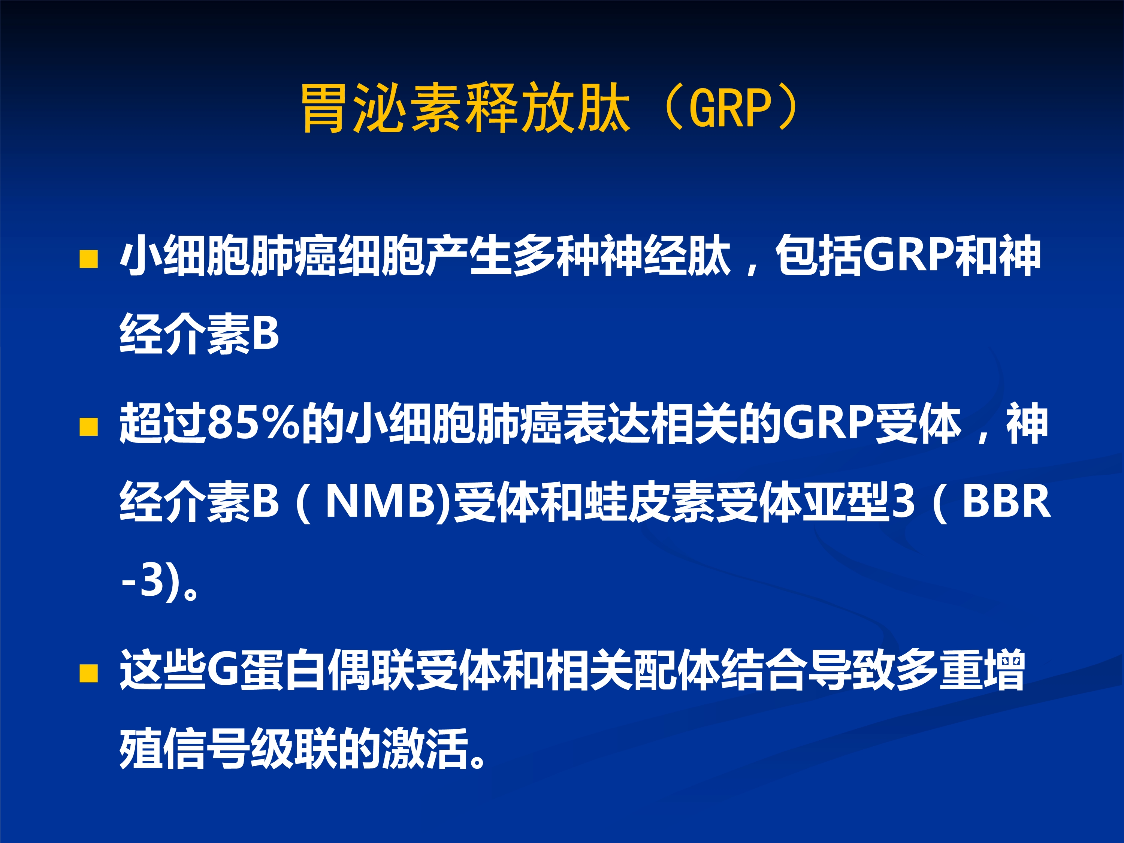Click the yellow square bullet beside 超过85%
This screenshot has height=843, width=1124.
[x=89, y=427]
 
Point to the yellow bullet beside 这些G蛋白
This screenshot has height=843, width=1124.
[x=89, y=673]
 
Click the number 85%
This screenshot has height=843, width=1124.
[x=254, y=423]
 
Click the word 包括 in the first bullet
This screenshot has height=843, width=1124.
[x=819, y=255]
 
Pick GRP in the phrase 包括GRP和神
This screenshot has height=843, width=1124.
[x=909, y=255]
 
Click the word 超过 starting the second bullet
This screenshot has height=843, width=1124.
[x=163, y=423]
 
